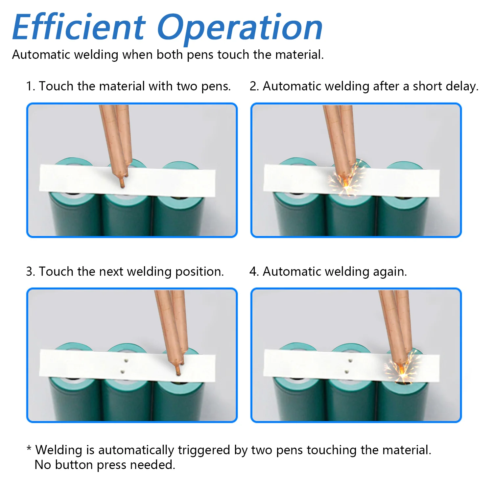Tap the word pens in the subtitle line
200,55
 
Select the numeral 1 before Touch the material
30,86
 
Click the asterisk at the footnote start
29,448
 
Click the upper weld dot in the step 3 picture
126,361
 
